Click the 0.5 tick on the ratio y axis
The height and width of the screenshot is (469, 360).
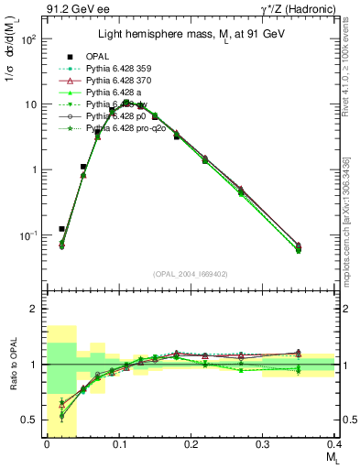pyautogui.click(x=32, y=420)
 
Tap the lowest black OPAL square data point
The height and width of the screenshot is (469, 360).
pyautogui.click(x=61, y=229)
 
